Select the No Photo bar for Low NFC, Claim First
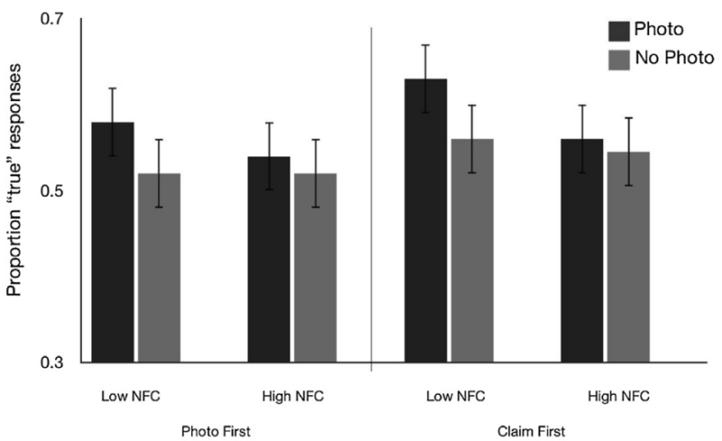click(474, 250)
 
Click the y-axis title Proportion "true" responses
click(15, 192)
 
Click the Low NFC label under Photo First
click(130, 396)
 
